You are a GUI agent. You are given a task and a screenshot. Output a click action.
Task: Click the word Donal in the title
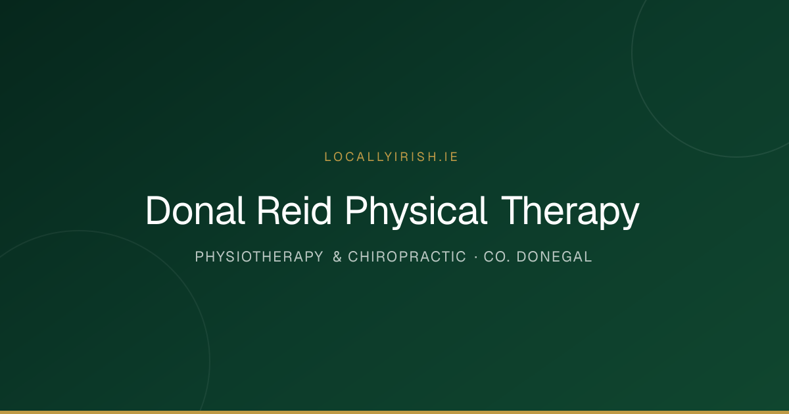coord(195,210)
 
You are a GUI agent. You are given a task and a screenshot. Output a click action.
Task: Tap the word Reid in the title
coord(295,210)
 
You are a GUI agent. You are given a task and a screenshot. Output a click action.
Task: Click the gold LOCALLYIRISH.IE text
coord(391,157)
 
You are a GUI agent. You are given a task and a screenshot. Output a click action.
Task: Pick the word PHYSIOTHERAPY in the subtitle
coord(259,257)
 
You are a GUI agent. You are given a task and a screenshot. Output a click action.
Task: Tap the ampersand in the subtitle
coord(337,257)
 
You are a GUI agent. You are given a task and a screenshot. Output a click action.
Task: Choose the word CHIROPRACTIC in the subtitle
coord(407,257)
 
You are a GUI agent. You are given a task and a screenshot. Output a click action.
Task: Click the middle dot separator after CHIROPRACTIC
coord(476,257)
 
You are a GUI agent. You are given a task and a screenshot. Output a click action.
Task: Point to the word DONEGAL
coord(554,257)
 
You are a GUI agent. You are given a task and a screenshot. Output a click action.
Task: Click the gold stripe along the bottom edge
coord(394,412)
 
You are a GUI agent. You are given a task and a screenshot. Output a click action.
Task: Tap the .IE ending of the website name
coord(448,157)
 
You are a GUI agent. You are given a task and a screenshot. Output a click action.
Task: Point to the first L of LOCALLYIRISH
coord(327,157)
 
